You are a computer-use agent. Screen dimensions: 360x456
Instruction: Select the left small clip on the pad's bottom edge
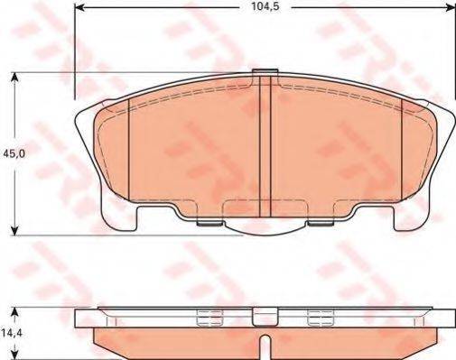tap(209, 222)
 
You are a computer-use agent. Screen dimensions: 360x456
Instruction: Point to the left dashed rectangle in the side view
tap(207, 317)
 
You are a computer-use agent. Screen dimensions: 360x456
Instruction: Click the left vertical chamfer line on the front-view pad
tap(131, 149)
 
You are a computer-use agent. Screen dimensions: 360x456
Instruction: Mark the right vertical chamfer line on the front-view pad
tap(400, 149)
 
